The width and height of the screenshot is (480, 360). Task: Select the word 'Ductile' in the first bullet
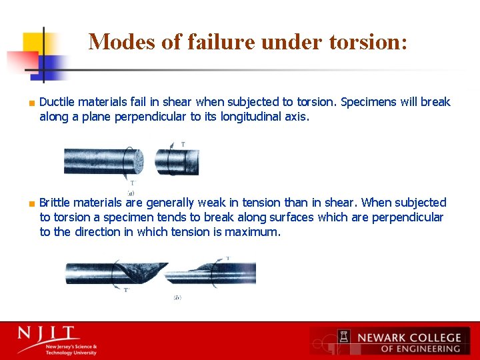coord(57,102)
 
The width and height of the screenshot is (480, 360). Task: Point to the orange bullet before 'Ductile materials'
coord(31,103)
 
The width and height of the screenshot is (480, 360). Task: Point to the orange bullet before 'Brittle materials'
coord(31,203)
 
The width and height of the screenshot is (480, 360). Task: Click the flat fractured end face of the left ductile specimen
coord(137,162)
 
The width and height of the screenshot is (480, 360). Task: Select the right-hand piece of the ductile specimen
coord(178,162)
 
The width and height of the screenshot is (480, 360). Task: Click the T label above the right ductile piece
coord(183,144)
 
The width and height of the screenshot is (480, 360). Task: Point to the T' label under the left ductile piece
coord(132,183)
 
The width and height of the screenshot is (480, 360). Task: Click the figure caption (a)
coord(131,193)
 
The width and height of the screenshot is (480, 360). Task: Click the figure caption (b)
coord(177,297)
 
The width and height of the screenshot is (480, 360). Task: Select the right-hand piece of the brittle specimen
coord(220,273)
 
